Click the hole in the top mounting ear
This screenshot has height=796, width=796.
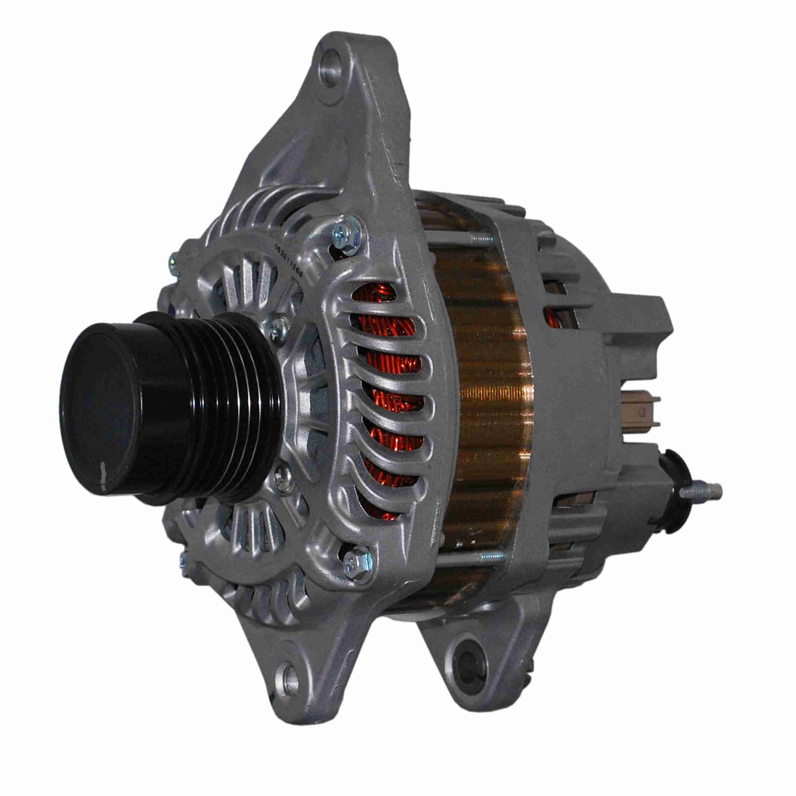[x=332, y=68]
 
